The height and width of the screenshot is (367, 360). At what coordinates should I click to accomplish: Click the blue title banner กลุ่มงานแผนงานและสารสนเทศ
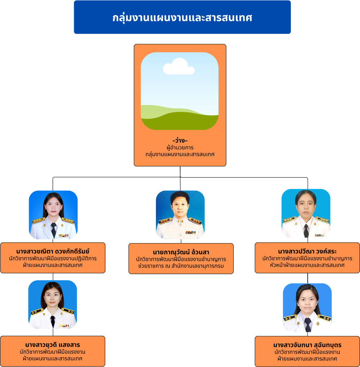pos(182,17)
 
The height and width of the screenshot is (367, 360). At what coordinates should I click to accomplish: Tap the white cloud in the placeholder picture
pos(179,67)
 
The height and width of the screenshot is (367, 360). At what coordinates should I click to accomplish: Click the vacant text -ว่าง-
pos(180,140)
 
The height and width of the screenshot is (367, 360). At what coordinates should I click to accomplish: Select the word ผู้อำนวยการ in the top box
pos(180,148)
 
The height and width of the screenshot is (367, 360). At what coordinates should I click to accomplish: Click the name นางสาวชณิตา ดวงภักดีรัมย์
pos(53,251)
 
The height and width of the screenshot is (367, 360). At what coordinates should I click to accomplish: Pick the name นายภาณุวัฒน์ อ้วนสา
pos(181,252)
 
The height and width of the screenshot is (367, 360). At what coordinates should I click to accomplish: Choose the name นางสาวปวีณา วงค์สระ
pos(307,251)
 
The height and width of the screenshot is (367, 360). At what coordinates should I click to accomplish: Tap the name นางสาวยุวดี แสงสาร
pos(53,345)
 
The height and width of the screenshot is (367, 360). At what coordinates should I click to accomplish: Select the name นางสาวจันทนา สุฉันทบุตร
pos(307,345)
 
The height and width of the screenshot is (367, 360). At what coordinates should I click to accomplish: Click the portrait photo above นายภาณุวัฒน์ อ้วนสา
pos(180,215)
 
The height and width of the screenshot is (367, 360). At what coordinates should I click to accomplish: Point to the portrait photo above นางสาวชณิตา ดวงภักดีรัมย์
pos(53,215)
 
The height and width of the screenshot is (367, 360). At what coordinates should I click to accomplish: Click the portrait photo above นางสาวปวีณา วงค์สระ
pos(306,213)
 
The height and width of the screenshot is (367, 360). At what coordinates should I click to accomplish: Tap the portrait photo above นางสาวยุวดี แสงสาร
pos(53,304)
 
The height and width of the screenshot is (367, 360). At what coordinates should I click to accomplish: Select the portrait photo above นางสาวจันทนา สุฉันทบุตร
pos(307,308)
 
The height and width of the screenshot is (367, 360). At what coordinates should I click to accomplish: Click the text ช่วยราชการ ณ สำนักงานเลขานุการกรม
pos(181,266)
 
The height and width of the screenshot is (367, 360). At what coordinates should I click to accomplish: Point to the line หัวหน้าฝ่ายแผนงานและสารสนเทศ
pos(307,265)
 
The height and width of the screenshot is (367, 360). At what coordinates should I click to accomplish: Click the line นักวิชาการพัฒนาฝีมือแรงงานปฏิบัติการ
pos(53,258)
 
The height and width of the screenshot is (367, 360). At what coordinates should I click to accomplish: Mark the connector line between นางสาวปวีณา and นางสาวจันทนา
pos(307,278)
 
